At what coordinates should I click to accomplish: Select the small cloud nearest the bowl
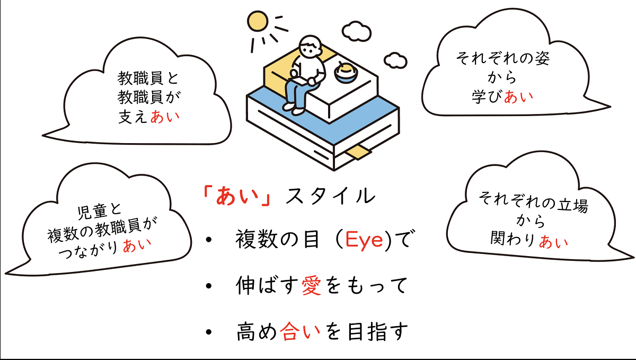point(394,60)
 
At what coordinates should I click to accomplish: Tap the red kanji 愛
point(312,286)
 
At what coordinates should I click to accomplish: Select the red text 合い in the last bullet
point(300,331)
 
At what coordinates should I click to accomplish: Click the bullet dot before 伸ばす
point(210,286)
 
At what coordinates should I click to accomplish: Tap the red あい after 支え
point(165,117)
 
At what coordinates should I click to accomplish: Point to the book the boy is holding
point(297,81)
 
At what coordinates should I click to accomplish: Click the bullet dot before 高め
point(210,332)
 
